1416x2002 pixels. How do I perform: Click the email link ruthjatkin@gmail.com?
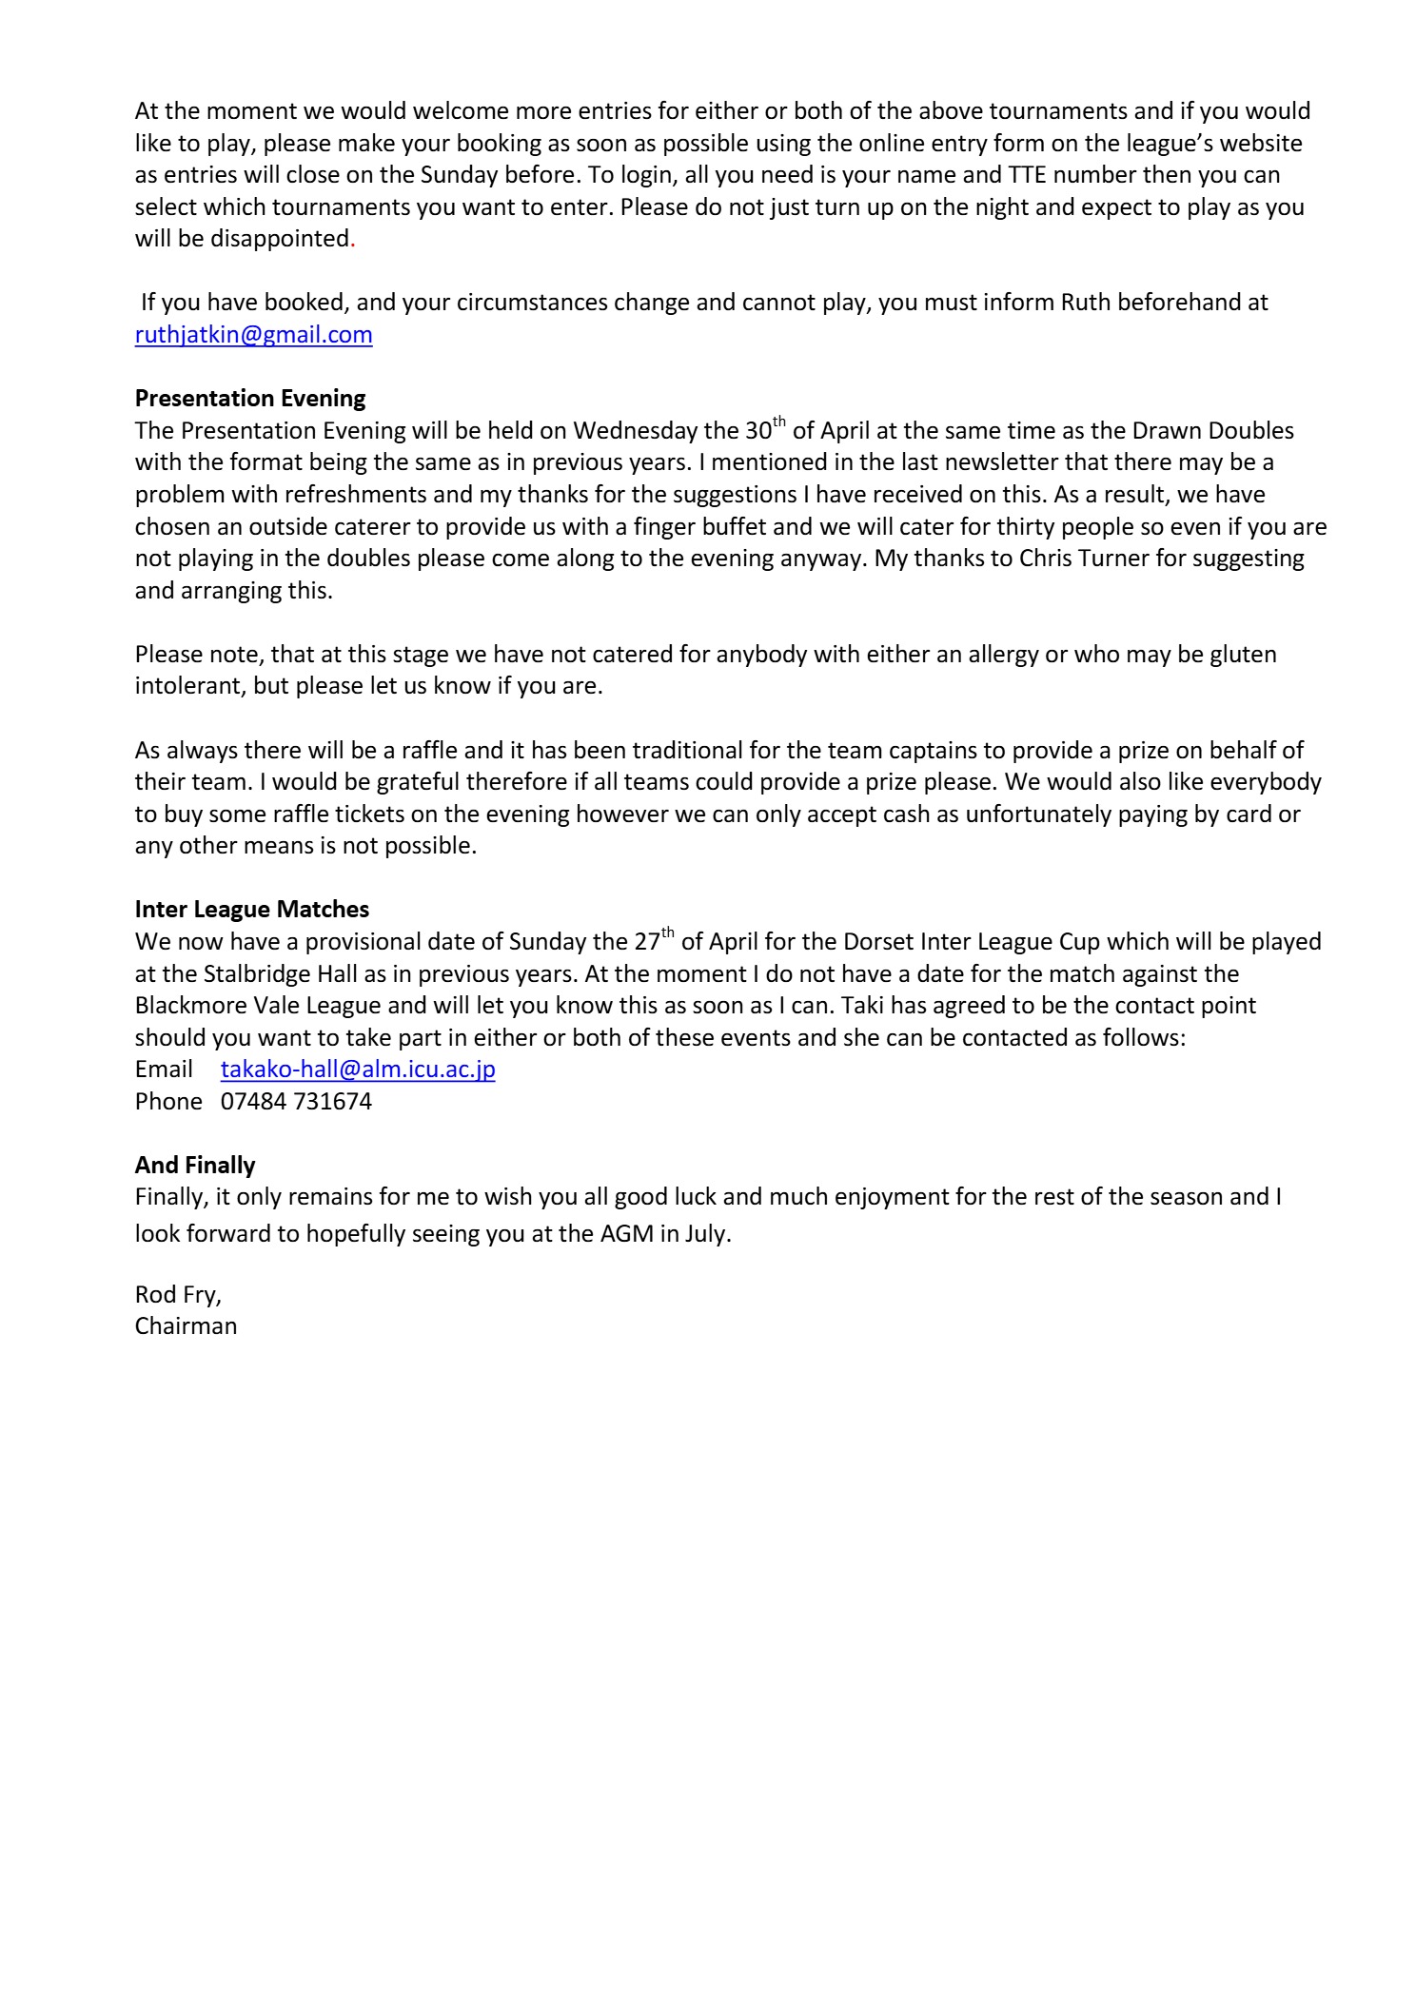[253, 335]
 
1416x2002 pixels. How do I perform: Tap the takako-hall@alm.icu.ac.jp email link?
[358, 1070]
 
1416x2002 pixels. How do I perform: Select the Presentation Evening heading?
[250, 398]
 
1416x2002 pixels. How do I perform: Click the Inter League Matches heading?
[252, 909]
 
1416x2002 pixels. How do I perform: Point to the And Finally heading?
[195, 1165]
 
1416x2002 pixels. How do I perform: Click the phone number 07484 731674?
[296, 1102]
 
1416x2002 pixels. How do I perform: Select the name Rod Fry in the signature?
[177, 1295]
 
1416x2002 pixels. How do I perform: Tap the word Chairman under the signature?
[186, 1326]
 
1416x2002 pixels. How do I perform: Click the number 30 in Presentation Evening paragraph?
[757, 431]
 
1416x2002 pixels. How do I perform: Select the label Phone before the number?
[168, 1102]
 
